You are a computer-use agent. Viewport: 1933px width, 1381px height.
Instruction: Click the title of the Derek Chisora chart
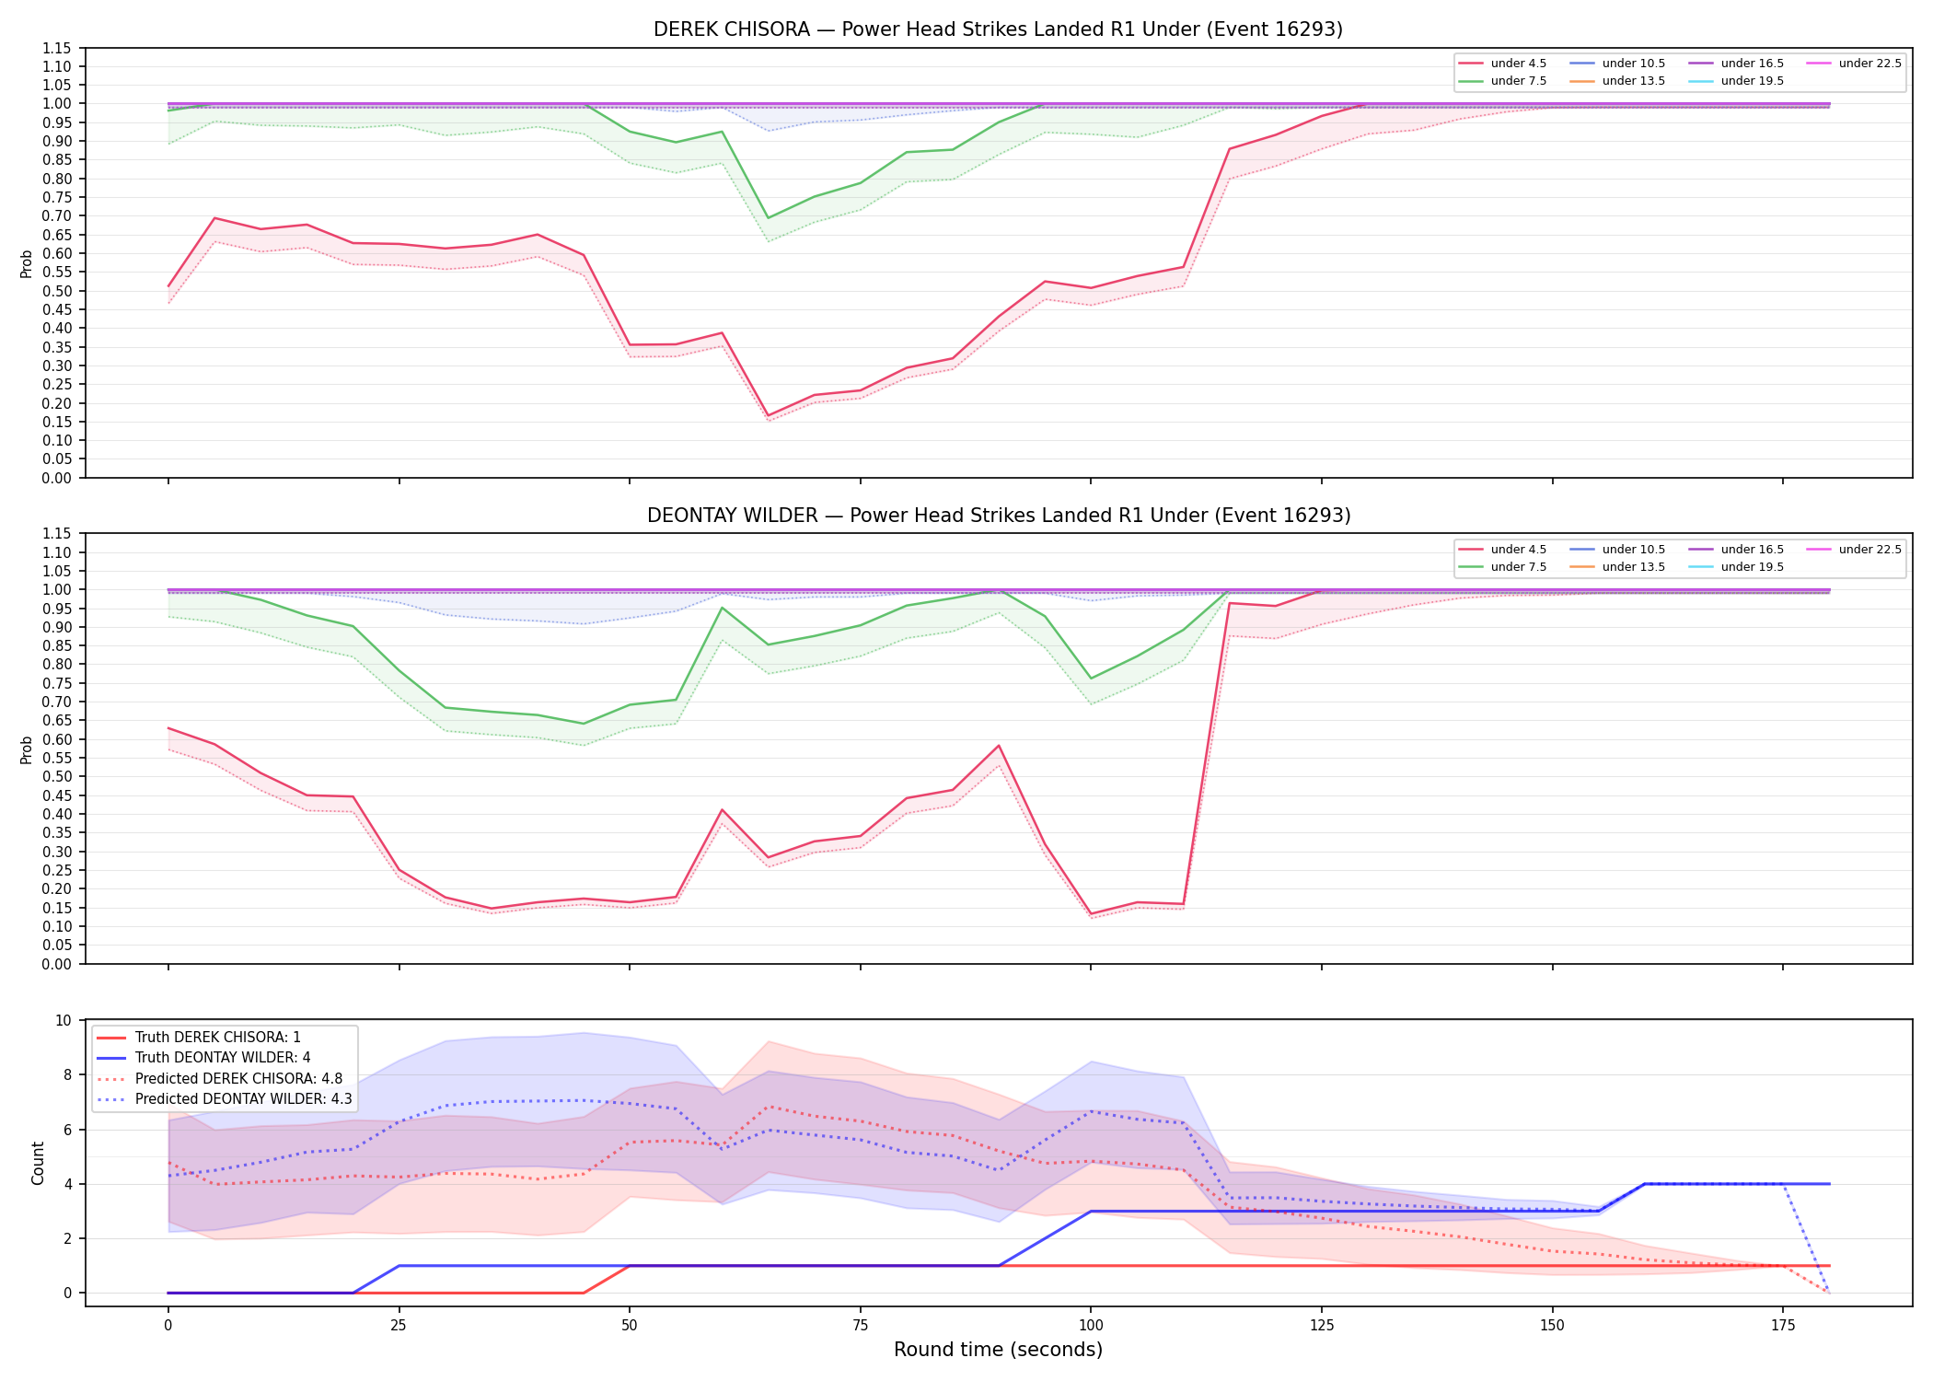point(998,29)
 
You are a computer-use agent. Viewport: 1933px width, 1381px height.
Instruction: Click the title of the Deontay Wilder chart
point(999,516)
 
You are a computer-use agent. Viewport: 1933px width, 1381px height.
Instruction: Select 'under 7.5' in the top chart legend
point(1518,81)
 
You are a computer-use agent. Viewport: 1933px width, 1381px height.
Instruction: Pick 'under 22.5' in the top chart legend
point(1869,64)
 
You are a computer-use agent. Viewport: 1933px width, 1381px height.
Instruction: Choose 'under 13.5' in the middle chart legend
point(1633,567)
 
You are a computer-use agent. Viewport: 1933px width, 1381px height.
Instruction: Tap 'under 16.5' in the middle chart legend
point(1752,550)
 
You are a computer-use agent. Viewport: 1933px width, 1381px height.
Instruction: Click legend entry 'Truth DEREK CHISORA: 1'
point(218,1038)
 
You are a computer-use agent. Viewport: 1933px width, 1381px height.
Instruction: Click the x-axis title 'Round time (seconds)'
point(998,1350)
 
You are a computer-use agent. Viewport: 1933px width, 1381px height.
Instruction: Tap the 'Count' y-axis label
point(38,1163)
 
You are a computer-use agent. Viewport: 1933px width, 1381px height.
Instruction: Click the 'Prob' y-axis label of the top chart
point(27,263)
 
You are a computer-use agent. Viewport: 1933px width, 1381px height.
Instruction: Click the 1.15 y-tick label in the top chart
point(57,48)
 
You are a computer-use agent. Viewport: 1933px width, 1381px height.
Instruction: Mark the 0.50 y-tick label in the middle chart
point(57,777)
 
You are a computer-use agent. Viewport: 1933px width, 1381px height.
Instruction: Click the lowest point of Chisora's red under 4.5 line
point(768,415)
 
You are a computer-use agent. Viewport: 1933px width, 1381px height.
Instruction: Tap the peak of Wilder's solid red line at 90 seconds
point(999,746)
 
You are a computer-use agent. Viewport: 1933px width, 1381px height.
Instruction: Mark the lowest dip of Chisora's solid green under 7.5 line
point(768,218)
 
